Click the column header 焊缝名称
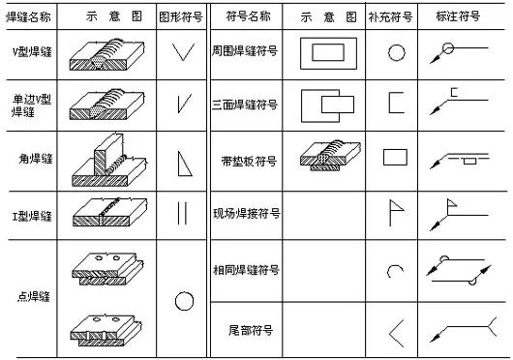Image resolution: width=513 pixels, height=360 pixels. click(30, 17)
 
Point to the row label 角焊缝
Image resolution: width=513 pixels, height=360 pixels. click(35, 158)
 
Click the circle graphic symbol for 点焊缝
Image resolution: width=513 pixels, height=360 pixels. click(184, 301)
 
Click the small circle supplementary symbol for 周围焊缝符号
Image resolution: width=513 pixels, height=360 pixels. click(396, 53)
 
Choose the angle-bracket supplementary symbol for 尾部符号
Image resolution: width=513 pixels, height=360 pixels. click(395, 331)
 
